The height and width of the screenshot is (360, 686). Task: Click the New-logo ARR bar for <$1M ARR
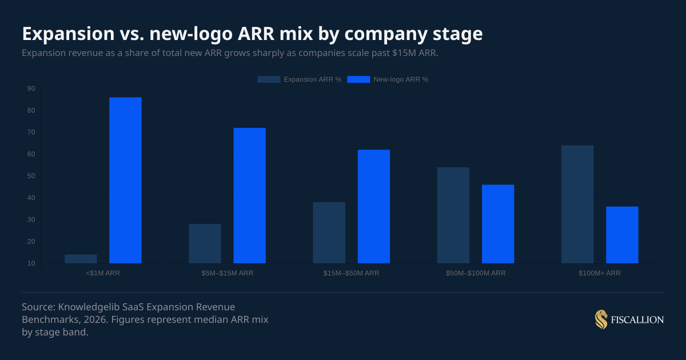(x=125, y=180)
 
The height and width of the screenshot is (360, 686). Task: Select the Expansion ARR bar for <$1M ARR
(x=81, y=259)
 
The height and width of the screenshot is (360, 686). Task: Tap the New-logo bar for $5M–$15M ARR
(x=249, y=195)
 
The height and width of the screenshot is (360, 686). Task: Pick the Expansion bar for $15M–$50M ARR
(x=329, y=233)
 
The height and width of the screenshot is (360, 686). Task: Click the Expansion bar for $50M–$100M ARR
(x=453, y=215)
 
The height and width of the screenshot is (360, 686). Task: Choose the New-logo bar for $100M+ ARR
(x=622, y=235)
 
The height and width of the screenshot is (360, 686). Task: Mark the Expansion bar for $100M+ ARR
(x=577, y=204)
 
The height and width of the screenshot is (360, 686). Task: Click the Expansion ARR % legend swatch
(x=269, y=79)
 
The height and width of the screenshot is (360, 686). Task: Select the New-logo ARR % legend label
(x=401, y=79)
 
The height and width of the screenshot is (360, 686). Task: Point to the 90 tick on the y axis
(x=31, y=89)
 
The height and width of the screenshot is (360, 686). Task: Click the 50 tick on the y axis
(x=31, y=176)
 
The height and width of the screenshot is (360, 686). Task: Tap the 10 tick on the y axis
(x=31, y=263)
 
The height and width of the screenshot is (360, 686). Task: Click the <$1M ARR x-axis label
(x=103, y=273)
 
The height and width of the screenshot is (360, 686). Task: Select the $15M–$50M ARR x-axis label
(x=351, y=273)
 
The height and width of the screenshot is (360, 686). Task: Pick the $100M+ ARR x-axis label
(x=599, y=273)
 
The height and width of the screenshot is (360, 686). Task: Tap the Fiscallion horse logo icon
(x=601, y=320)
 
